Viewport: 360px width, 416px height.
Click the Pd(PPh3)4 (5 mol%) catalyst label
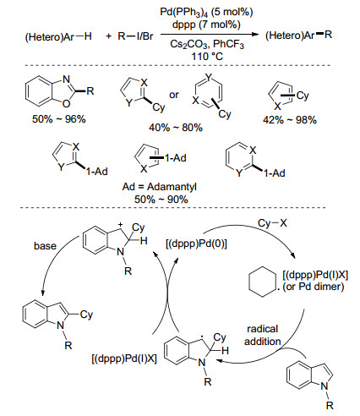pos(206,12)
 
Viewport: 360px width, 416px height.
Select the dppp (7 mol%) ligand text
pos(206,25)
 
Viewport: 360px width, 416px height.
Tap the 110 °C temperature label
pos(207,57)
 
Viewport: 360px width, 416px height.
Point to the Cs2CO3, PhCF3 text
pos(207,44)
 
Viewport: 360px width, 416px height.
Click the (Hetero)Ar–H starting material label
pos(58,37)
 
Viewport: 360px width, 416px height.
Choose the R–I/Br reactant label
pos(135,36)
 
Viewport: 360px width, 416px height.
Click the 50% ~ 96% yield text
pos(59,119)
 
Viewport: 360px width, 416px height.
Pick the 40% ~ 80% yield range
pos(176,128)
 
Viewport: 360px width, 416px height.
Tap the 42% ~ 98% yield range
pos(290,120)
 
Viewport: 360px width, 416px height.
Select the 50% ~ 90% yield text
pos(161,200)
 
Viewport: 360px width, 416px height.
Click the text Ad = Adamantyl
pos(160,187)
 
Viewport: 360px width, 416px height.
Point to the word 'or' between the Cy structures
pos(174,95)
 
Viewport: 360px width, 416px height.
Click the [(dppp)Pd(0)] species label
pos(196,244)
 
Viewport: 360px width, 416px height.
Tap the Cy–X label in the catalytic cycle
pos(272,223)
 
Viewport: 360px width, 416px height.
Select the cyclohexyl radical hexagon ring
pos(263,282)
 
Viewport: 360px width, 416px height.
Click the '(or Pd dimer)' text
pos(314,287)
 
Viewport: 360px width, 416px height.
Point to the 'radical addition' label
pos(263,335)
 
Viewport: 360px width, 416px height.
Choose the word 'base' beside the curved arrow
pos(45,246)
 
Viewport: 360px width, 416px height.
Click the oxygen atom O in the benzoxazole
pos(66,104)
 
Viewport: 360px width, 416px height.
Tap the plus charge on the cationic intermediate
pos(120,225)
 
